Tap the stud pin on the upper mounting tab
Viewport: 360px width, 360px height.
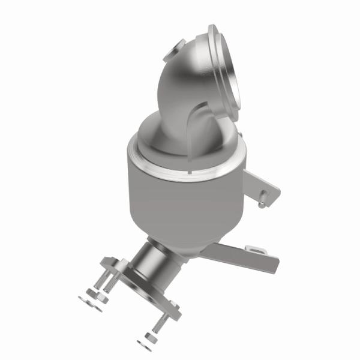(262, 203)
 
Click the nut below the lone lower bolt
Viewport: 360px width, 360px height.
(148, 338)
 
